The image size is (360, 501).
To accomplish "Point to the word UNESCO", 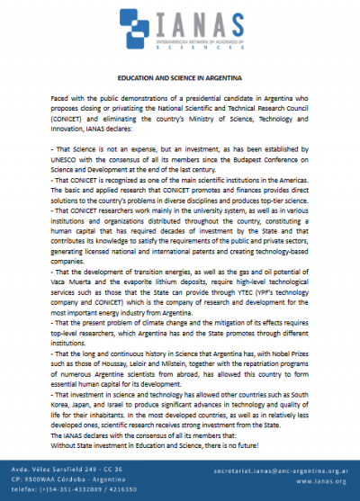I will pos(70,171).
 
